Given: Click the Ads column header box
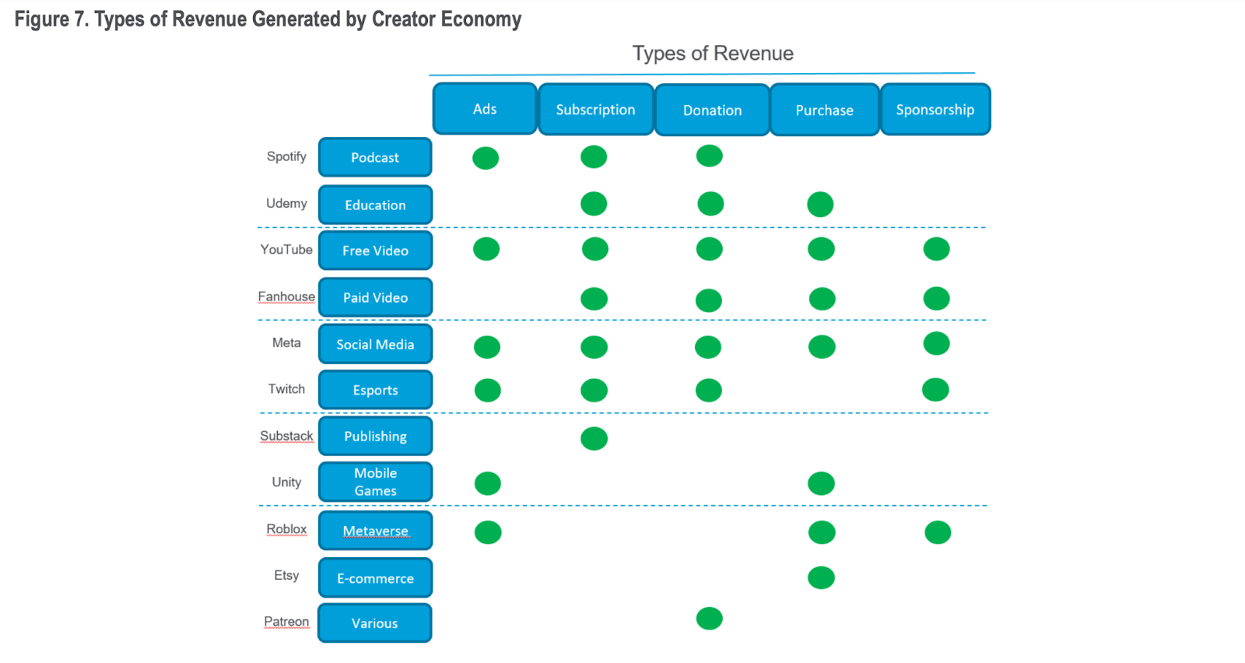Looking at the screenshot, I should (x=485, y=109).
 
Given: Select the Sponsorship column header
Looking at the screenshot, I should (x=935, y=110).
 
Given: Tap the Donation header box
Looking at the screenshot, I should (x=712, y=110).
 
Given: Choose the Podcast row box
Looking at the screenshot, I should (x=375, y=157).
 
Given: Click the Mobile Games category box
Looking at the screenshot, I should (x=375, y=482).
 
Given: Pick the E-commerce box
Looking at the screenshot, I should (x=375, y=578).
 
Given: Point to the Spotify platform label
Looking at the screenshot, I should (x=286, y=156).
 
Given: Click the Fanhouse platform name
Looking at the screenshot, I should (x=286, y=296).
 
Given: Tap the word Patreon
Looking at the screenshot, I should (x=286, y=621).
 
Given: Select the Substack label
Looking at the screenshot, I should (x=286, y=436).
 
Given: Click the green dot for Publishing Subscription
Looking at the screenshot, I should (x=594, y=438).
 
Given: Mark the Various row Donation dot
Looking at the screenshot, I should (x=709, y=619).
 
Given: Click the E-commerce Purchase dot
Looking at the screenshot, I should (x=821, y=577).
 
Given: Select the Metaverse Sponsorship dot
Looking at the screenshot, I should (x=938, y=532).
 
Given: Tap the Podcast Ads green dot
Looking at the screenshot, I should (x=486, y=158).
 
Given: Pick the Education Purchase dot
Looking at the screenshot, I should (x=820, y=205).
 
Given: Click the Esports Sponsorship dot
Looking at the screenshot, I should (x=935, y=389).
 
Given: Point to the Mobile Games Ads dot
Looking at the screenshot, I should (x=488, y=483).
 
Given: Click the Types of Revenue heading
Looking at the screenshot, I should (x=713, y=54).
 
